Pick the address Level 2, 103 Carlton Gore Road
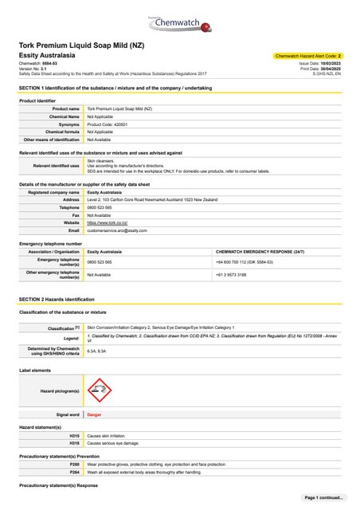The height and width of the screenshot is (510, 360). coord(151,199)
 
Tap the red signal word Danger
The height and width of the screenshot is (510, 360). coord(94,415)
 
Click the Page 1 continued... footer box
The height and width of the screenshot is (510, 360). coord(323,497)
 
